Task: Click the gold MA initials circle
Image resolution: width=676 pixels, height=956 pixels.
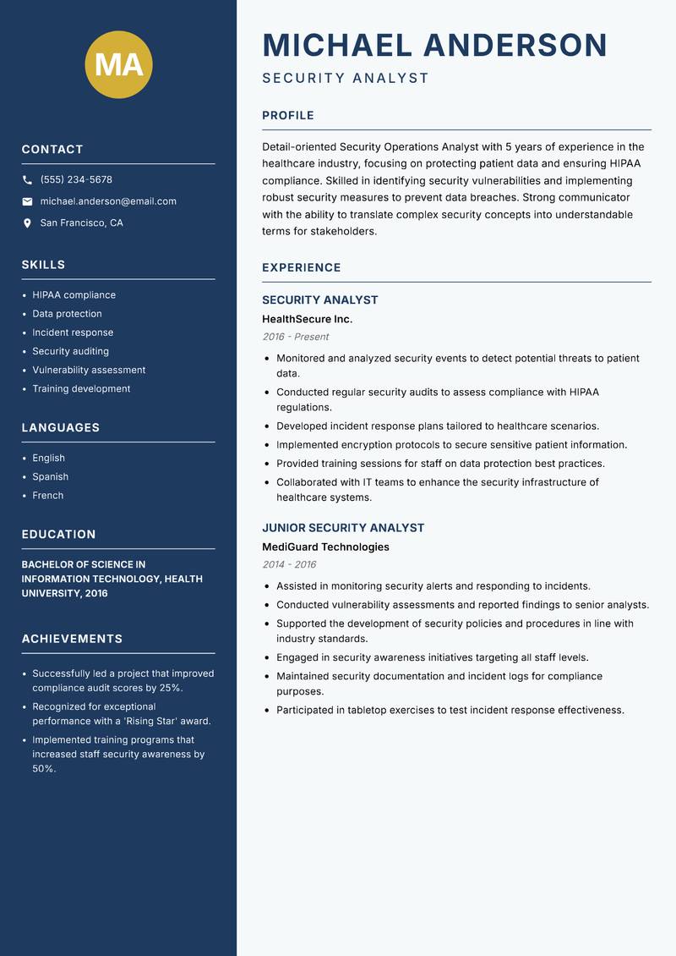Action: tap(119, 64)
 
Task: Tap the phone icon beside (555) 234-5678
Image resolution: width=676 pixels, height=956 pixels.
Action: tap(27, 180)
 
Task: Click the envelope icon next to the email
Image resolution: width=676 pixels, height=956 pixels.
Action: tap(27, 201)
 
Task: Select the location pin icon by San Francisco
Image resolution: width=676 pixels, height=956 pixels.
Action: tap(27, 223)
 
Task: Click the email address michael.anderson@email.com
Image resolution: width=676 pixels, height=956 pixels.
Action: tap(108, 201)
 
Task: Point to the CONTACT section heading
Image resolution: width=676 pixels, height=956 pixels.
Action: tap(52, 150)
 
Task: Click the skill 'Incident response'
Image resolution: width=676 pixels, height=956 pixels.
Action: tap(73, 332)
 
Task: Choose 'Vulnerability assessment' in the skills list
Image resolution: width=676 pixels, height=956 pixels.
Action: tap(89, 370)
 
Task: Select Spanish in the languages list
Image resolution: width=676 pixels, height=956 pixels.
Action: tap(50, 476)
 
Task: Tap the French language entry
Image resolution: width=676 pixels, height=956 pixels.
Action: tap(47, 495)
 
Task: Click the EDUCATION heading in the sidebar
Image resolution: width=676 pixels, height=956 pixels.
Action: tap(58, 535)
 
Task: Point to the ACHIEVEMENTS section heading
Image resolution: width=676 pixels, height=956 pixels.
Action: tap(72, 639)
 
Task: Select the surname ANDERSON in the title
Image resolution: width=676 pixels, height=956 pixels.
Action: tap(515, 45)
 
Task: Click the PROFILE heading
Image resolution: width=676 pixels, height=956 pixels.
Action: tap(287, 116)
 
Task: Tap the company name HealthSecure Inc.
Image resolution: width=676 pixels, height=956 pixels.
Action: tap(307, 319)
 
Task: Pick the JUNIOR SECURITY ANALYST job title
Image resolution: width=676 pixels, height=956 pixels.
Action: tap(343, 528)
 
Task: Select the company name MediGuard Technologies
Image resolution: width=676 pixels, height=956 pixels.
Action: tap(325, 547)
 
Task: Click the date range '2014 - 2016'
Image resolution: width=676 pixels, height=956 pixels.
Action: tap(289, 564)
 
